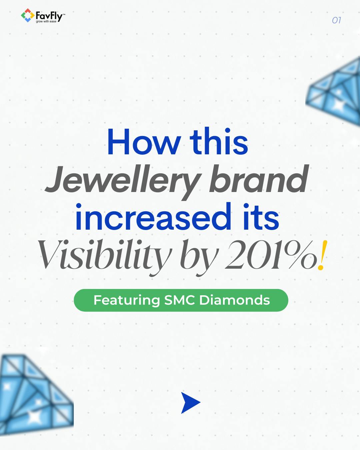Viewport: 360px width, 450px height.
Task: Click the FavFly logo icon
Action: coord(27,15)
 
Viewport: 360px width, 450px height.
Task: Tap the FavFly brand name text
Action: coord(49,15)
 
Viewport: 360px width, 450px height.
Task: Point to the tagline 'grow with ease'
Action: coord(46,22)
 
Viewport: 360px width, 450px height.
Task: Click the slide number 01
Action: coord(336,20)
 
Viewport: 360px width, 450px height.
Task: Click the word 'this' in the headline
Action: coord(219,142)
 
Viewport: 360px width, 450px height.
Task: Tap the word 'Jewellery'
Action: coord(122,180)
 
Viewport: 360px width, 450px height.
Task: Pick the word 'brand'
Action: coord(259,180)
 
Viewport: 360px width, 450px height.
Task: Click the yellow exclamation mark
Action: coord(321,255)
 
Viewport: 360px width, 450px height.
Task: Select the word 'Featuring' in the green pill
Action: coord(127,300)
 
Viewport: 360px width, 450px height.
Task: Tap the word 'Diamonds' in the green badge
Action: coord(234,300)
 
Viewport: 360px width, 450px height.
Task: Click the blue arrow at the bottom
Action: coord(190,403)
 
